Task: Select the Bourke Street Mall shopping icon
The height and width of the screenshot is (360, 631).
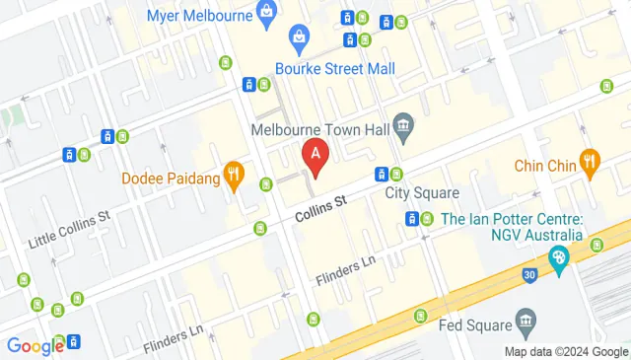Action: click(299, 39)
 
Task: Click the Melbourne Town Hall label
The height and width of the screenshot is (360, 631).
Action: click(317, 128)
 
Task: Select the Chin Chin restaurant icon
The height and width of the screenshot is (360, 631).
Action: click(591, 163)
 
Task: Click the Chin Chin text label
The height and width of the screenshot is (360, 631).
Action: click(544, 166)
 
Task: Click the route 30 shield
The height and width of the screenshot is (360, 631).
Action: click(529, 274)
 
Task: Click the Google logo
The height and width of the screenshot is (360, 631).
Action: click(35, 346)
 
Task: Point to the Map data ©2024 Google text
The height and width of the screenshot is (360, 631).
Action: click(566, 352)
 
